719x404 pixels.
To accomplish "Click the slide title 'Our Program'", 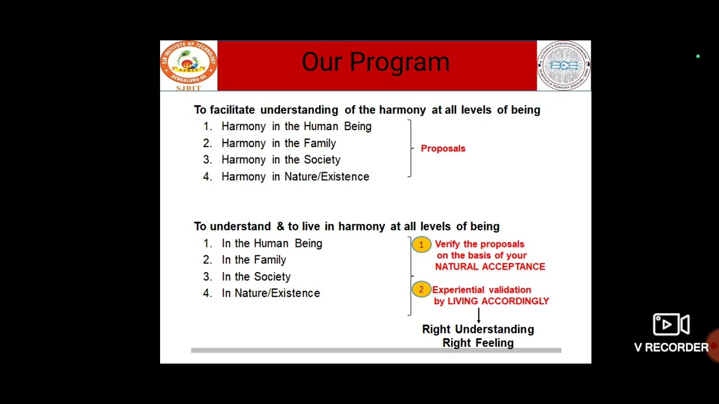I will (375, 62).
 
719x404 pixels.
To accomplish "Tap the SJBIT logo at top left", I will (188, 65).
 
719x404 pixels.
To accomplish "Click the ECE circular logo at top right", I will (563, 66).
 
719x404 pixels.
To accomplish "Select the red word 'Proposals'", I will (443, 149).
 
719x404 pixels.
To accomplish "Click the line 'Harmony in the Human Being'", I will (296, 127).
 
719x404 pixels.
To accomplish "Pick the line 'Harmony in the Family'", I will (278, 144).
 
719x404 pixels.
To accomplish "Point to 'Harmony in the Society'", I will (280, 160).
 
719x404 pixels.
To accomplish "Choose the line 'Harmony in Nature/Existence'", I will (295, 177).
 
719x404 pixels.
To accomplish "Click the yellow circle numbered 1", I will (421, 245).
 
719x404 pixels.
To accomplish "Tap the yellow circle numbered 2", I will (421, 290).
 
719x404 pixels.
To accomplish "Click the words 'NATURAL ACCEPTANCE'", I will (490, 267).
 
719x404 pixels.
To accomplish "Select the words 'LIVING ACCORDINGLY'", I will (498, 301).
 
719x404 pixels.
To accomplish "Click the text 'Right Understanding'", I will (477, 329).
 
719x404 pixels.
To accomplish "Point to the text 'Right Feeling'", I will (477, 343).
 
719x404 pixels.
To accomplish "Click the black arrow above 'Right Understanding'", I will (479, 314).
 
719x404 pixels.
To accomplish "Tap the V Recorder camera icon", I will (671, 325).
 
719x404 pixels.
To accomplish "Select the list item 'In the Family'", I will (253, 260).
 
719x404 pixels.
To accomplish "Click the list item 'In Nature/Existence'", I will (270, 293).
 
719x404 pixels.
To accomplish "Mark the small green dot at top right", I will (698, 57).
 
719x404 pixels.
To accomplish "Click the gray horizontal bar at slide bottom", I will (376, 350).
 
